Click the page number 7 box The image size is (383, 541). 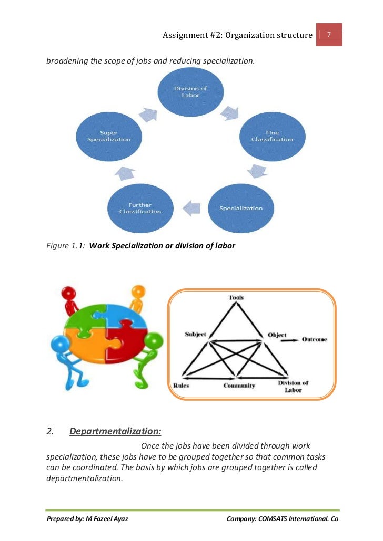(329, 35)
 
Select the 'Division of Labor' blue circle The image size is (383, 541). (190, 92)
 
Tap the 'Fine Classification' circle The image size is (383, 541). (272, 137)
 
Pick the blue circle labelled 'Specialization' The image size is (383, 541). (241, 208)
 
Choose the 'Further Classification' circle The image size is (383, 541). (140, 208)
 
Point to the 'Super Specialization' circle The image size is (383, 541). (109, 137)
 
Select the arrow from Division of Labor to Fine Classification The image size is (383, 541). (230, 112)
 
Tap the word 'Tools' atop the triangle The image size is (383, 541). (236, 298)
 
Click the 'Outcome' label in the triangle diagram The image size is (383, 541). (314, 339)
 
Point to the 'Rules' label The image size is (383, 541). (182, 386)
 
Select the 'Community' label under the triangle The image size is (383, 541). (239, 386)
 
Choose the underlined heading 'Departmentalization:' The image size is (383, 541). (115, 432)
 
